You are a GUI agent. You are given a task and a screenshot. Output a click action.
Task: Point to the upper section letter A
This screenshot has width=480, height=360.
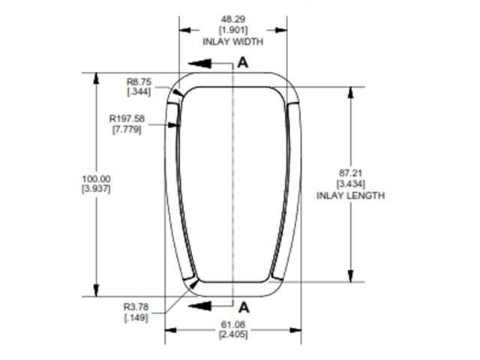(x=242, y=63)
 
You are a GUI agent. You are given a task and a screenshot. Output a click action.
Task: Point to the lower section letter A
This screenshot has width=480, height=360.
(x=242, y=306)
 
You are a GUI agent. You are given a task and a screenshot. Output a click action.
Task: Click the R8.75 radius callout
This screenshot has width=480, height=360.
(x=138, y=81)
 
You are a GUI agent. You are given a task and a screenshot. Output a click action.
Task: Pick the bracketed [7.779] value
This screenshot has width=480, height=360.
(x=124, y=130)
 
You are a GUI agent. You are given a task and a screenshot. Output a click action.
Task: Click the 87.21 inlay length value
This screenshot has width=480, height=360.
(x=350, y=172)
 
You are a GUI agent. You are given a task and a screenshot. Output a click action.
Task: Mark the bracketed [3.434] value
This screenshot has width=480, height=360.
(x=350, y=184)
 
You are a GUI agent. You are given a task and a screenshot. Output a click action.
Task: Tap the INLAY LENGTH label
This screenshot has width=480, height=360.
(x=350, y=196)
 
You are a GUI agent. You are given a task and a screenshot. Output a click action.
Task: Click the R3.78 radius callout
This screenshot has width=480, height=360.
(x=136, y=306)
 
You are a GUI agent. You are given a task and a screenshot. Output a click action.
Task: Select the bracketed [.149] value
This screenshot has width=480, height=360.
(x=136, y=317)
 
